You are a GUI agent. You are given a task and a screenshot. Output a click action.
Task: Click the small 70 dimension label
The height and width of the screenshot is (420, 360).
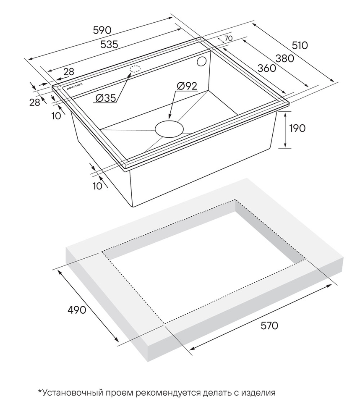tap(229, 38)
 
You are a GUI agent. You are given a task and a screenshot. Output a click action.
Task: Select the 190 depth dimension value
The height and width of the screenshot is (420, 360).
tap(297, 128)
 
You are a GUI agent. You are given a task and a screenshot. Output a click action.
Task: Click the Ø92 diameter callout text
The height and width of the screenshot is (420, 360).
tap(187, 86)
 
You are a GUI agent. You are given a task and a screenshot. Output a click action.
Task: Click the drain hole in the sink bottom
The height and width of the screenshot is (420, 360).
tap(169, 128)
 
